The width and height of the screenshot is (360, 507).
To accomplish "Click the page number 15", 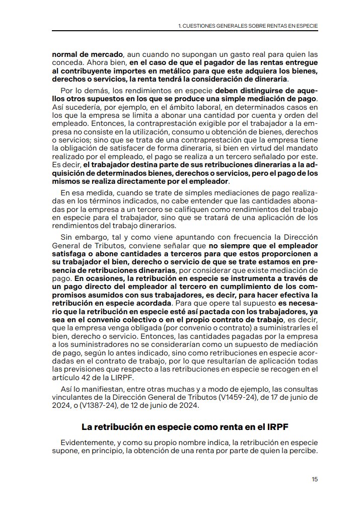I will click(x=314, y=479).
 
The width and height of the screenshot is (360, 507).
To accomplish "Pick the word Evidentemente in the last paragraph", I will click(x=84, y=443).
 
